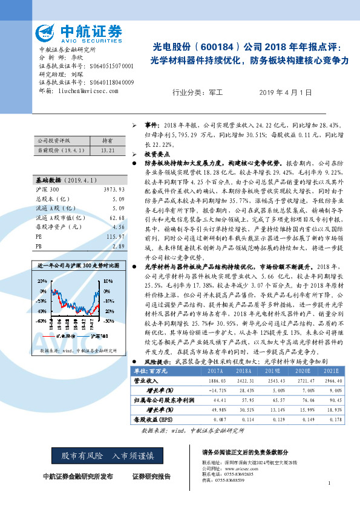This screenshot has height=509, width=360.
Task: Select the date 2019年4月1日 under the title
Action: tap(286, 92)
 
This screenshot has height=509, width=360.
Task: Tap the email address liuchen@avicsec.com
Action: tap(80, 90)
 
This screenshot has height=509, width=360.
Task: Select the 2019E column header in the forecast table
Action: tap(273, 371)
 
